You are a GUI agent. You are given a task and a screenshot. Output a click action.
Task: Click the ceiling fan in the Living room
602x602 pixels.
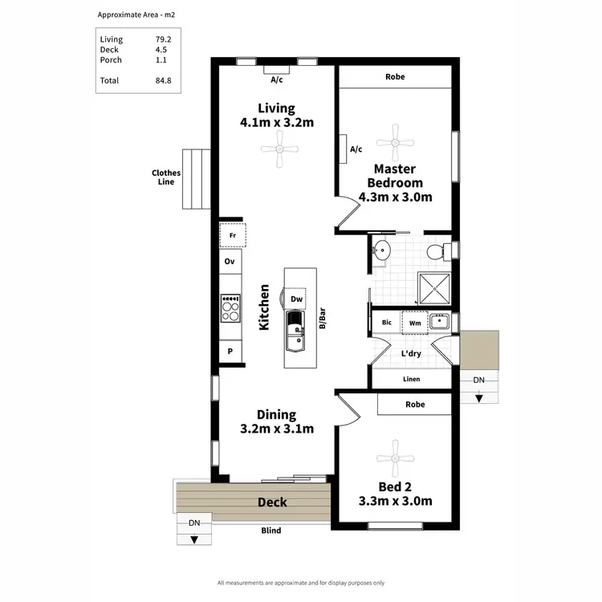click(x=279, y=149)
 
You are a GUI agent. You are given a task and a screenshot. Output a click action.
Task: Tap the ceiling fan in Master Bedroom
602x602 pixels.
click(x=394, y=142)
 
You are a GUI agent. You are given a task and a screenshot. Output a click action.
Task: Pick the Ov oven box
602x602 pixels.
click(x=230, y=262)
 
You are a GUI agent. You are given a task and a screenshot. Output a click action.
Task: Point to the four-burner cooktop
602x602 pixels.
click(x=230, y=308)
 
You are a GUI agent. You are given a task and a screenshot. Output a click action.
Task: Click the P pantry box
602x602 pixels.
click(x=230, y=351)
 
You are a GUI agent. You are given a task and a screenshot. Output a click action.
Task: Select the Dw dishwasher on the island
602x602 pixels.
click(x=296, y=299)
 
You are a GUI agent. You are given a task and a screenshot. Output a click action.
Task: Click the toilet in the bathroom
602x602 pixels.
click(x=435, y=252)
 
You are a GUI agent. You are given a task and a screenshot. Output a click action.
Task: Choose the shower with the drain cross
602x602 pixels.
click(x=434, y=285)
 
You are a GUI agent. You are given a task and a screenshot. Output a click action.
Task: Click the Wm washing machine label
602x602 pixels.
click(x=414, y=323)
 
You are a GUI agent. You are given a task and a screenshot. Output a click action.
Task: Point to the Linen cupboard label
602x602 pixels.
click(x=411, y=379)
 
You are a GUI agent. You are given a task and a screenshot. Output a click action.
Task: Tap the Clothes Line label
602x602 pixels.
click(x=166, y=177)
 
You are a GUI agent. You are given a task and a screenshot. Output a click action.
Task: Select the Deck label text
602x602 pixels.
click(x=272, y=502)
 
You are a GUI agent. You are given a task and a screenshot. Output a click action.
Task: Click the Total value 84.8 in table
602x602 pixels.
click(x=164, y=80)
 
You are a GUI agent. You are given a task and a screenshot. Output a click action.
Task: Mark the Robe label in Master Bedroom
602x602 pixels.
click(x=395, y=77)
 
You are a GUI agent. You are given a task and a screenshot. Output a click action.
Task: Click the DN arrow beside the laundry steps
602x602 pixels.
click(x=478, y=397)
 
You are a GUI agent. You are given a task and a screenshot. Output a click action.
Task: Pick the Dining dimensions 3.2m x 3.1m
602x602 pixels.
click(x=276, y=429)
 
